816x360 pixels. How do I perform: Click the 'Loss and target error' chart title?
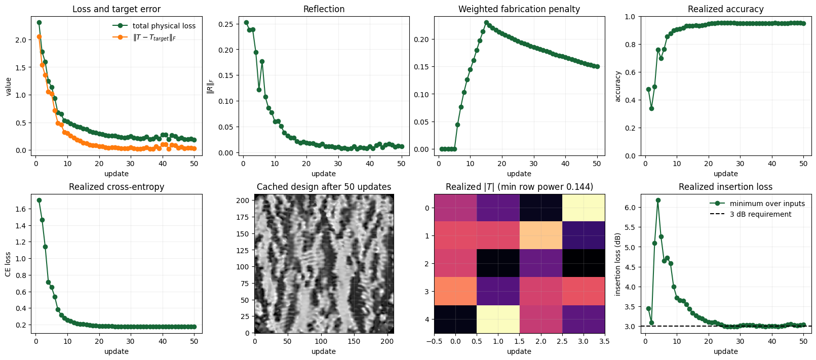pyautogui.click(x=116, y=9)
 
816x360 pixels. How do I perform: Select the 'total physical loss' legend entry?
pyautogui.click(x=154, y=26)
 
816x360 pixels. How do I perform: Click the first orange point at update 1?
pyautogui.click(x=39, y=37)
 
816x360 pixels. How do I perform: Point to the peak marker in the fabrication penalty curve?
pyautogui.click(x=486, y=23)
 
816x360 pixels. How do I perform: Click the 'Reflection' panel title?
pyautogui.click(x=324, y=9)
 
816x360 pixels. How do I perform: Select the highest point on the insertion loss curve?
pyautogui.click(x=658, y=200)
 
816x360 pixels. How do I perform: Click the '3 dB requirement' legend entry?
pyautogui.click(x=751, y=214)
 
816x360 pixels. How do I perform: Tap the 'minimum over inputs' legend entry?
pyautogui.click(x=757, y=204)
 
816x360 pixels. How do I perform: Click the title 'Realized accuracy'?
pyautogui.click(x=725, y=9)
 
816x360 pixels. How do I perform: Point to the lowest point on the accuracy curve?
pyautogui.click(x=651, y=108)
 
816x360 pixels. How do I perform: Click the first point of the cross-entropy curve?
pyautogui.click(x=39, y=200)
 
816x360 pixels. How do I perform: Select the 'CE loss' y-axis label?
pyautogui.click(x=8, y=263)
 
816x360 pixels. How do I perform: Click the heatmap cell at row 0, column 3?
pyautogui.click(x=583, y=208)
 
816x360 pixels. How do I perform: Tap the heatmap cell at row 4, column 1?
pyautogui.click(x=498, y=319)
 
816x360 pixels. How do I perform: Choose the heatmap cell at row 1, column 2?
pyautogui.click(x=540, y=235)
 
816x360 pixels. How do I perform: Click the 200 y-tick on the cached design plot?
pyautogui.click(x=245, y=201)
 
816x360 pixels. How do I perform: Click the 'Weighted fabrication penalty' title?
pyautogui.click(x=519, y=9)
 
